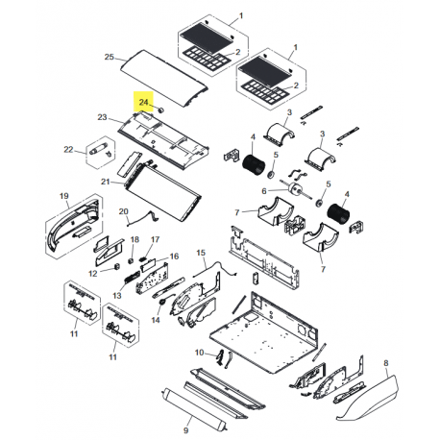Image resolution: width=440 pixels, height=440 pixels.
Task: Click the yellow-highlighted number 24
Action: point(145,100)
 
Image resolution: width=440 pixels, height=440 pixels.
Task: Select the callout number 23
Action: point(102,117)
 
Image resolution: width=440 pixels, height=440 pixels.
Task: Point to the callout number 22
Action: point(67,149)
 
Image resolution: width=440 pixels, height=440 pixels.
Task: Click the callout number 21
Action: point(106,181)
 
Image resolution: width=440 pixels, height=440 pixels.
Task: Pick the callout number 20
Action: point(123,210)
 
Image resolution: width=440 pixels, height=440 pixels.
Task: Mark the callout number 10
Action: point(199,353)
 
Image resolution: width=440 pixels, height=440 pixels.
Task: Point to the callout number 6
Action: point(262,190)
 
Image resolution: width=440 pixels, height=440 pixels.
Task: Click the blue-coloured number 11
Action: point(111,356)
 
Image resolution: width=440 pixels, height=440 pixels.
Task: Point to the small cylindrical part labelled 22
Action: point(99,150)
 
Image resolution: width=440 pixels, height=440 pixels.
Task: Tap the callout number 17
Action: point(156,239)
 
